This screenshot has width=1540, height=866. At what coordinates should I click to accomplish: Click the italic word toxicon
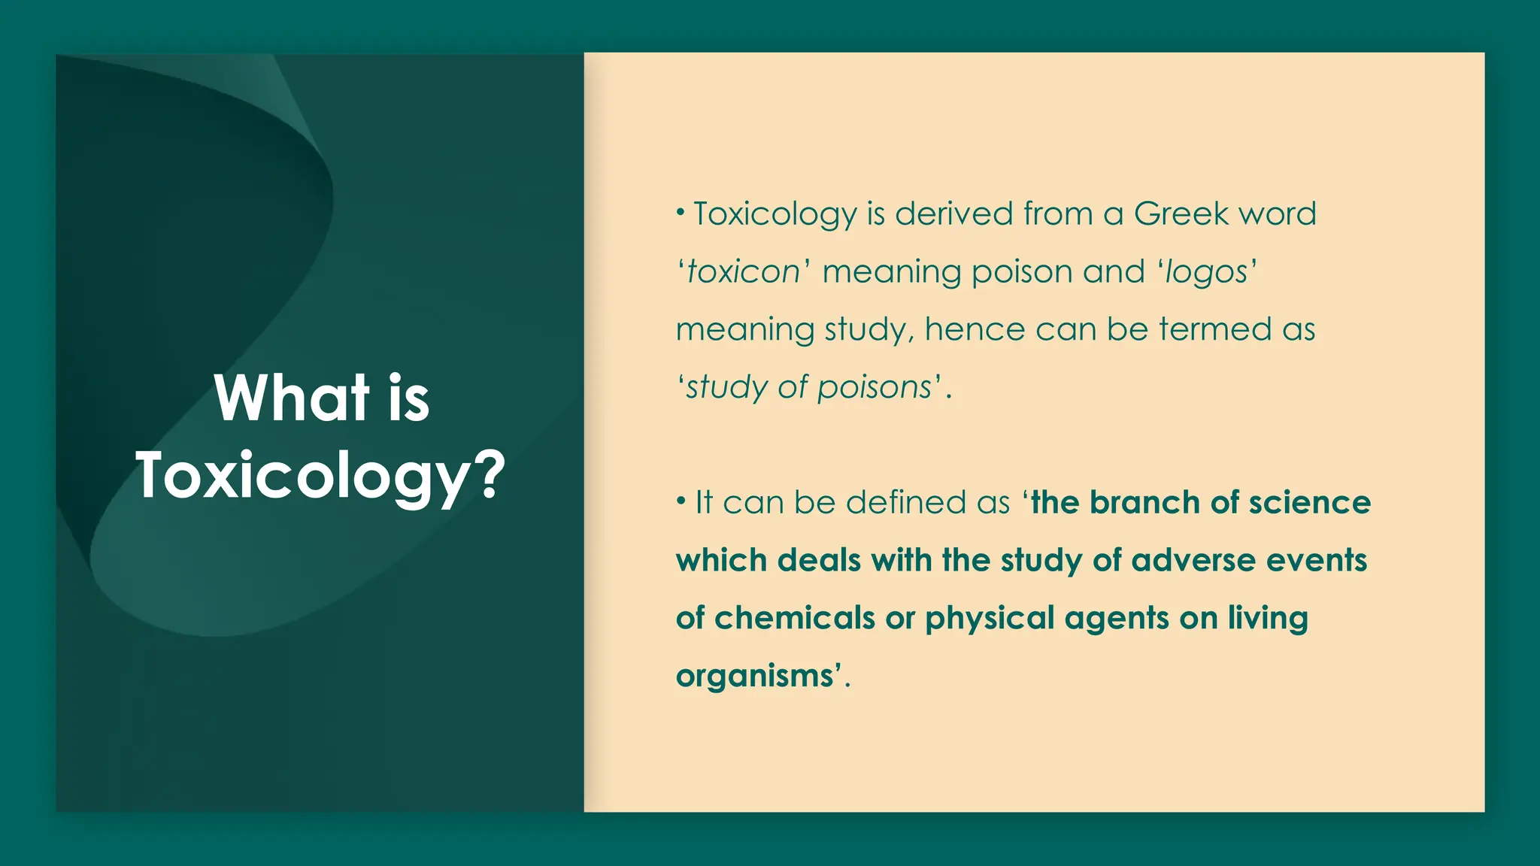(x=744, y=272)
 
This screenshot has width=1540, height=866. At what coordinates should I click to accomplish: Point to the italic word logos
(x=1206, y=272)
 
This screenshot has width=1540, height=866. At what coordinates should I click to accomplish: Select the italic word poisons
(x=875, y=388)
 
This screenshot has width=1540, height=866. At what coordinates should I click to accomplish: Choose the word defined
(x=906, y=502)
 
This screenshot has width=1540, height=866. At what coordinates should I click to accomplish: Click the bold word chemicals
(x=794, y=619)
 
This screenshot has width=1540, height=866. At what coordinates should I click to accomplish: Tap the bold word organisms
(x=754, y=676)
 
